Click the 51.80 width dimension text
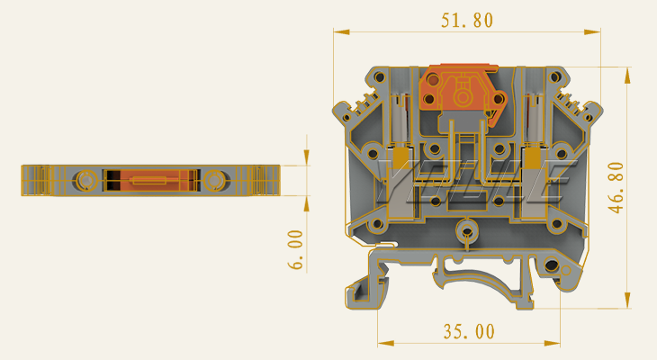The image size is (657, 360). pyautogui.click(x=466, y=20)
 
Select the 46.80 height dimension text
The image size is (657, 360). pyautogui.click(x=616, y=187)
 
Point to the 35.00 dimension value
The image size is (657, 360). pyautogui.click(x=468, y=331)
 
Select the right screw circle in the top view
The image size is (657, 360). pyautogui.click(x=214, y=180)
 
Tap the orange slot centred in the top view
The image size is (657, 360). pyautogui.click(x=150, y=180)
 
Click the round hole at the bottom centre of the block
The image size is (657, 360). pyautogui.click(x=466, y=230)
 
